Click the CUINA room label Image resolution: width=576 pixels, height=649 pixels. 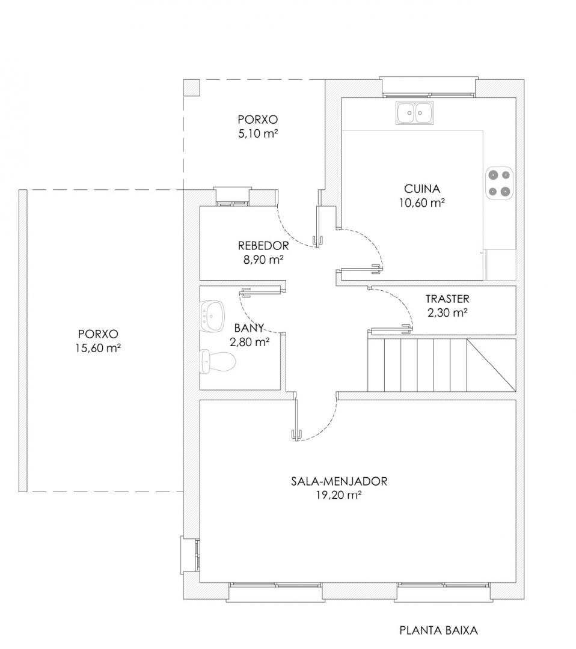point(422,189)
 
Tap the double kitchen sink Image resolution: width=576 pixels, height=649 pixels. point(415,112)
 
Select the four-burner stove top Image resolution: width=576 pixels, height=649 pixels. point(500,183)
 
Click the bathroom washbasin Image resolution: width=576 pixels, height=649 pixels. point(213,316)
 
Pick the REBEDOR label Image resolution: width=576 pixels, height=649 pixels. point(263,245)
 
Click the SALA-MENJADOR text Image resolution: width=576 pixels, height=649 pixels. point(339,481)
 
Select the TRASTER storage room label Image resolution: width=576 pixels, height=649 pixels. point(447,299)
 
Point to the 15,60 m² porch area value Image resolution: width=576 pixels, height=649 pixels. point(98,348)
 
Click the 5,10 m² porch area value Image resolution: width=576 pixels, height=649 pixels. point(257,133)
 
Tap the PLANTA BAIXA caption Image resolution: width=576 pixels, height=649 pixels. point(438,630)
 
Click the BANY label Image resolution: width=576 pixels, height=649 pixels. point(249,328)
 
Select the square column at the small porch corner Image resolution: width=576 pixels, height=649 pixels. point(192,88)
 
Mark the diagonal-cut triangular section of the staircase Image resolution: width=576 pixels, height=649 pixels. point(491,365)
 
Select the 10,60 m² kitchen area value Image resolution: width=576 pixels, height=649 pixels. point(422,203)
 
